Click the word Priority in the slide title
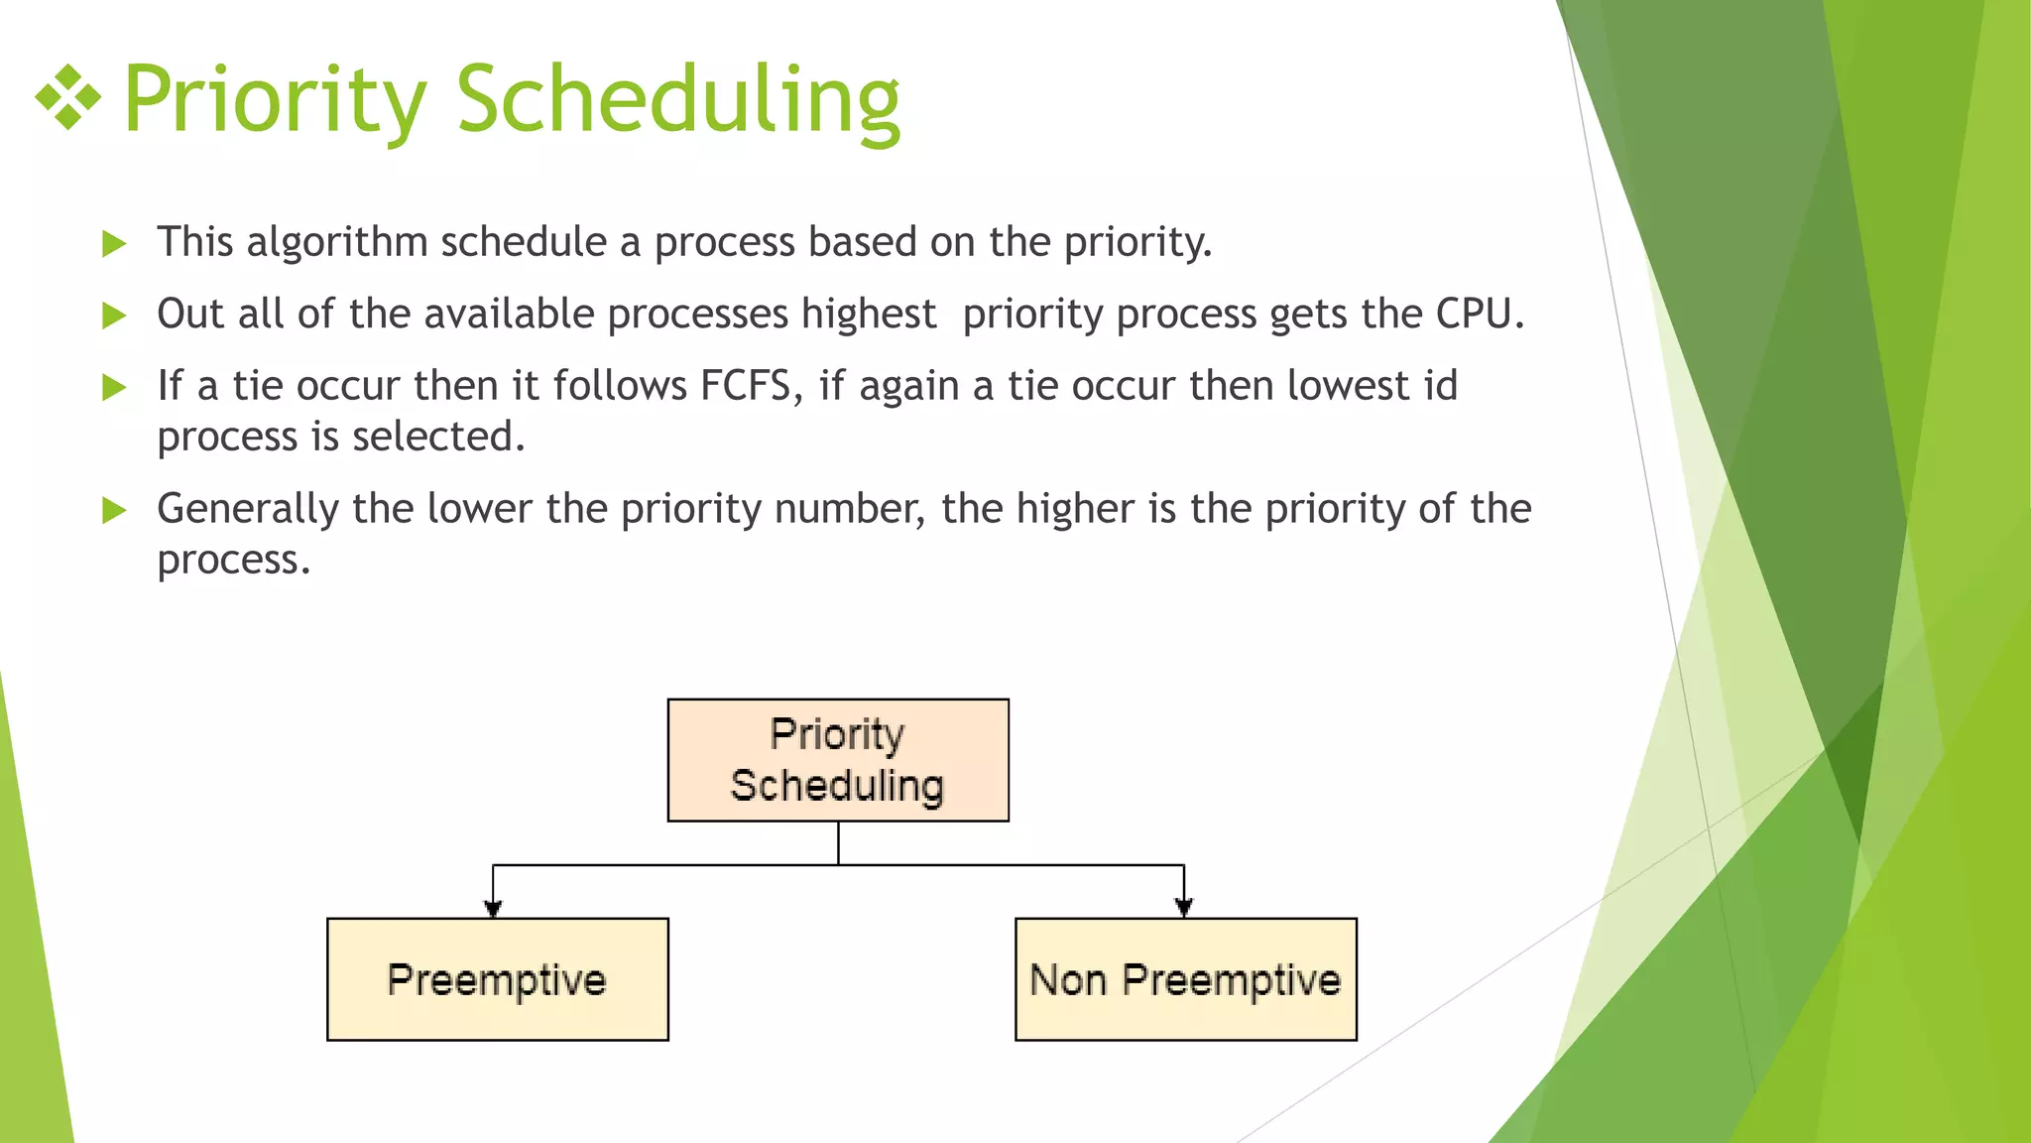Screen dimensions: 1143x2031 click(275, 99)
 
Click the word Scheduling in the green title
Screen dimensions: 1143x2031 click(677, 99)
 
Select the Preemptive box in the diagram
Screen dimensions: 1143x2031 click(497, 979)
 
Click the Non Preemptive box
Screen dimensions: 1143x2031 click(1185, 979)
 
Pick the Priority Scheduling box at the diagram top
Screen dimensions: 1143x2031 click(838, 760)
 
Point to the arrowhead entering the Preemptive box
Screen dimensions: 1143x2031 click(493, 907)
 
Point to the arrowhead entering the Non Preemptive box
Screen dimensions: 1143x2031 click(1183, 907)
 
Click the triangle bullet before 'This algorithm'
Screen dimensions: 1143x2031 click(114, 244)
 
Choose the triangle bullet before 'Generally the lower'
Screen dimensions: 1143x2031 click(114, 511)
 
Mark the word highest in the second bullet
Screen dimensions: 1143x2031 click(869, 315)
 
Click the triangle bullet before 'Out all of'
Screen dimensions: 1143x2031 click(114, 317)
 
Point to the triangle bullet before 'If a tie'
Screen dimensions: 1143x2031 click(114, 388)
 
